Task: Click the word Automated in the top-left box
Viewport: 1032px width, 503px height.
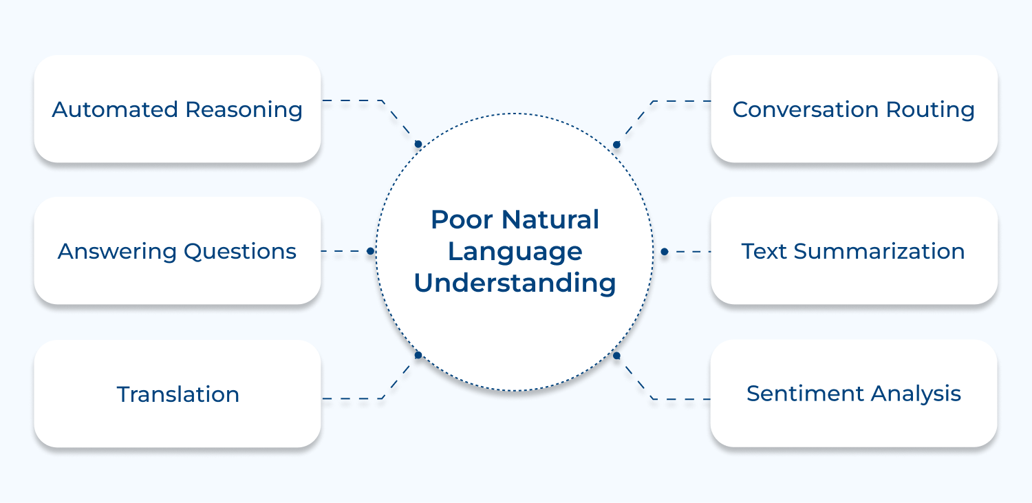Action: (x=115, y=109)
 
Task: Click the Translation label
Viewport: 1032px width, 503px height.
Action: (x=178, y=394)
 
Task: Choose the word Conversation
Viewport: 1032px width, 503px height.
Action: (x=805, y=109)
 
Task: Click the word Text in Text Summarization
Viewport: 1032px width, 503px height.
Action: (x=764, y=251)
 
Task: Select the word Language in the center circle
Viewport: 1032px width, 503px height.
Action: (x=515, y=252)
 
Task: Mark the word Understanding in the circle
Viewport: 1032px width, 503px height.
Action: (x=515, y=283)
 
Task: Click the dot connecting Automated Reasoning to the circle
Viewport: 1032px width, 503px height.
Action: (x=418, y=145)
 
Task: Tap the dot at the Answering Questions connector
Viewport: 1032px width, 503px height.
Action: (x=370, y=252)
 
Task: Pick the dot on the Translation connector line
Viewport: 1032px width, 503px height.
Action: (x=418, y=355)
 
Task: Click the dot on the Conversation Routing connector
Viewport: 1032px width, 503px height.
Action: (x=616, y=145)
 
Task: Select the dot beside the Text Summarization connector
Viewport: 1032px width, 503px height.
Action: (x=664, y=252)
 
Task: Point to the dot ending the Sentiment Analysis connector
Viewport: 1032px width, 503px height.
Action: (x=616, y=355)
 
